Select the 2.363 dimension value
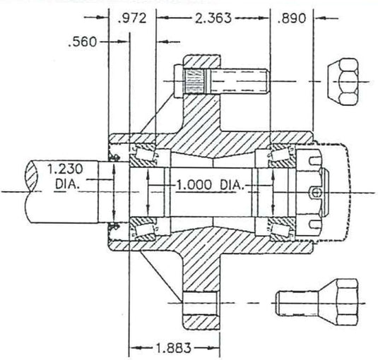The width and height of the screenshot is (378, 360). coord(213,18)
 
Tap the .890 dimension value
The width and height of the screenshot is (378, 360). coord(293,18)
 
